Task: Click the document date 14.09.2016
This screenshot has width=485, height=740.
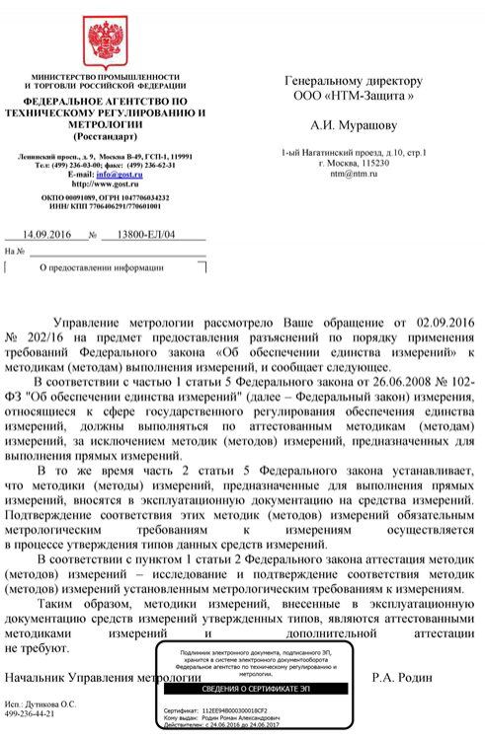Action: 47,235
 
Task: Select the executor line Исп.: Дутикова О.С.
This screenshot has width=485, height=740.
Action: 40,703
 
